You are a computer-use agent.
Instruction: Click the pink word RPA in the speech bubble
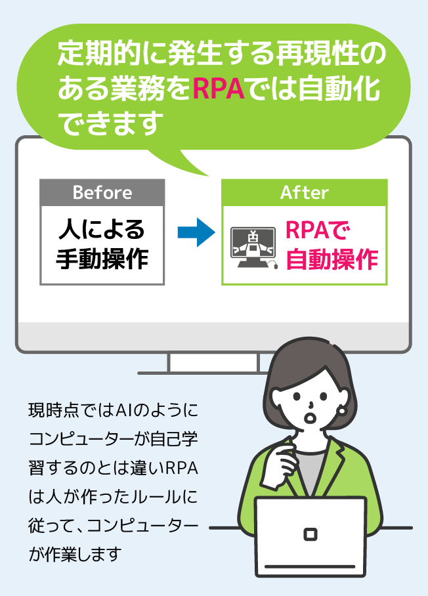[x=219, y=89]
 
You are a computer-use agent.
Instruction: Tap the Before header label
[x=102, y=192]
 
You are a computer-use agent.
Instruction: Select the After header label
[x=304, y=192]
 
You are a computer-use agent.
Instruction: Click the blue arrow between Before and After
[x=196, y=232]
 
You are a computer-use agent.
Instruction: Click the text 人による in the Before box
[x=102, y=230]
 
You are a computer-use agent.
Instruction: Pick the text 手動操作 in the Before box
[x=102, y=259]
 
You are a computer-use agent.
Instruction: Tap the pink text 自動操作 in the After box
[x=332, y=260]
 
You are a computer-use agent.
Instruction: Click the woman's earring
[x=341, y=411]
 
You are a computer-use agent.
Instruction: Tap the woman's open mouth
[x=311, y=417]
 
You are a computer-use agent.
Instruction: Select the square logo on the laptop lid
[x=310, y=534]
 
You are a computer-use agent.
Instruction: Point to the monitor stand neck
[x=213, y=362]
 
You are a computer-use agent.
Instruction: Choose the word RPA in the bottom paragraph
[x=182, y=468]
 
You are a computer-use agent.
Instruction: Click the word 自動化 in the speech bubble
[x=339, y=89]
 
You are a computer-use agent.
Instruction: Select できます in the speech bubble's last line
[x=111, y=123]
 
